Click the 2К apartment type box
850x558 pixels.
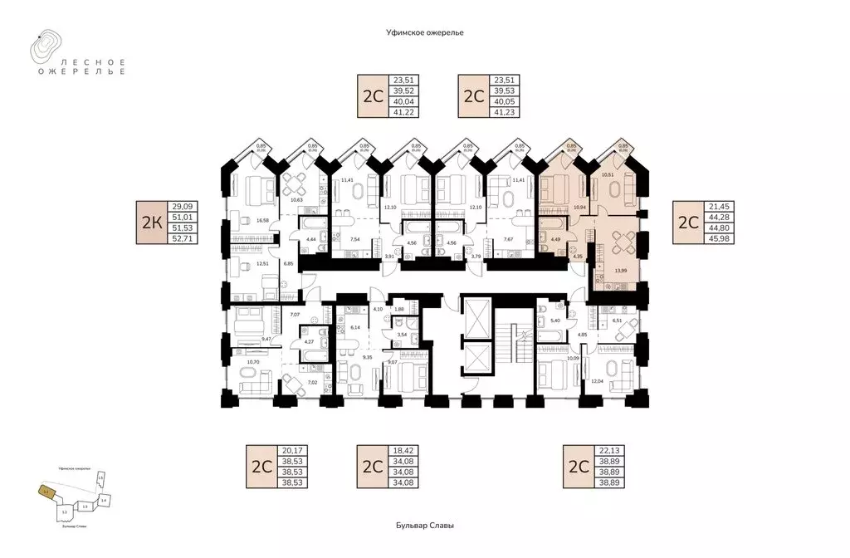[x=152, y=223]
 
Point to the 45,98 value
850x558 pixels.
[x=713, y=237]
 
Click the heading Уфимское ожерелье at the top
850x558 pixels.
[x=424, y=32]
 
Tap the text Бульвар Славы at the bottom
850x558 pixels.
[x=424, y=526]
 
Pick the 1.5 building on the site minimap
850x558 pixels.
[x=100, y=477]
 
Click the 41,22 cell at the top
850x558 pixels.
[x=398, y=111]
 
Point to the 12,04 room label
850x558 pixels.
[x=597, y=380]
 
